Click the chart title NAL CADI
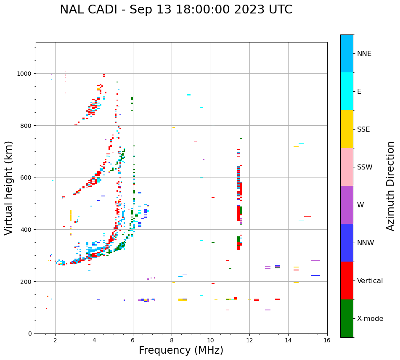tap(176, 10)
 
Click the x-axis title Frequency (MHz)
tap(181, 350)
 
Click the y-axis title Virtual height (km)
tap(9, 188)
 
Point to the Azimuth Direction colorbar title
tap(391, 186)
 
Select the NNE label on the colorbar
tap(364, 54)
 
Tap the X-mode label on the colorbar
tap(370, 319)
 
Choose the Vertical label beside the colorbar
tap(370, 281)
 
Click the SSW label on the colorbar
tap(365, 167)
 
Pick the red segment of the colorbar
tap(347, 281)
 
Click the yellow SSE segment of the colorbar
tap(347, 129)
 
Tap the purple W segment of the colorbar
tap(347, 205)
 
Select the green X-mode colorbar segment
tap(347, 318)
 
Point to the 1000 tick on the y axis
tap(24, 74)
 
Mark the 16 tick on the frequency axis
tap(327, 341)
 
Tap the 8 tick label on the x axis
tap(172, 341)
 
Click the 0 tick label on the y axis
tap(29, 334)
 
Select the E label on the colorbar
tap(359, 92)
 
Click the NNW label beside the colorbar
tap(365, 243)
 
